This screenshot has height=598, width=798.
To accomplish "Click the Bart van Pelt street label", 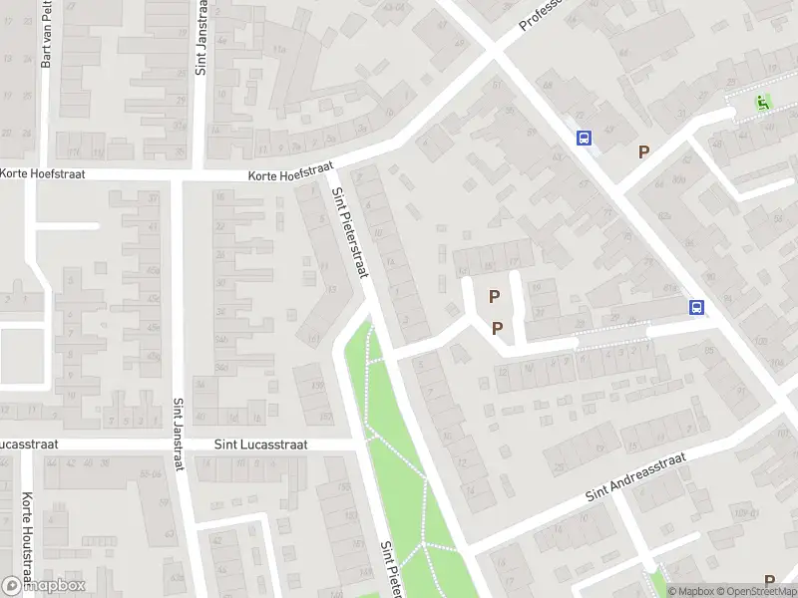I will pyautogui.click(x=46, y=35).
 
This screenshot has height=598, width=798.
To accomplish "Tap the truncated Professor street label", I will pyautogui.click(x=541, y=15).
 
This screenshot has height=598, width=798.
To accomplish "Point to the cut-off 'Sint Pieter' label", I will pyautogui.click(x=390, y=569).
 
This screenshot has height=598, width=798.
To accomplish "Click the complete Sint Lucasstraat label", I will pyautogui.click(x=261, y=445).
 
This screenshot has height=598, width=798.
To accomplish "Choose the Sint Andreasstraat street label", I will pyautogui.click(x=637, y=476).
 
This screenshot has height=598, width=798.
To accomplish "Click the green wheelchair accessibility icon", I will pyautogui.click(x=764, y=102).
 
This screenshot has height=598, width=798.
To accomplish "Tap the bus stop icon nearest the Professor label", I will pyautogui.click(x=584, y=139).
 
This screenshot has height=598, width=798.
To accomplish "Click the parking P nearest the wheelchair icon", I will pyautogui.click(x=644, y=151).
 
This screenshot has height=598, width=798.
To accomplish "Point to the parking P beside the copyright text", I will pyautogui.click(x=769, y=580).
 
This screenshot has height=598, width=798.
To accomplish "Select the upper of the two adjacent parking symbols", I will pyautogui.click(x=493, y=296).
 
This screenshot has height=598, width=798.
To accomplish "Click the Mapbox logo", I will pyautogui.click(x=43, y=585).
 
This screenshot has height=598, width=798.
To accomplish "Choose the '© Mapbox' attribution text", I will pyautogui.click(x=691, y=591).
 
